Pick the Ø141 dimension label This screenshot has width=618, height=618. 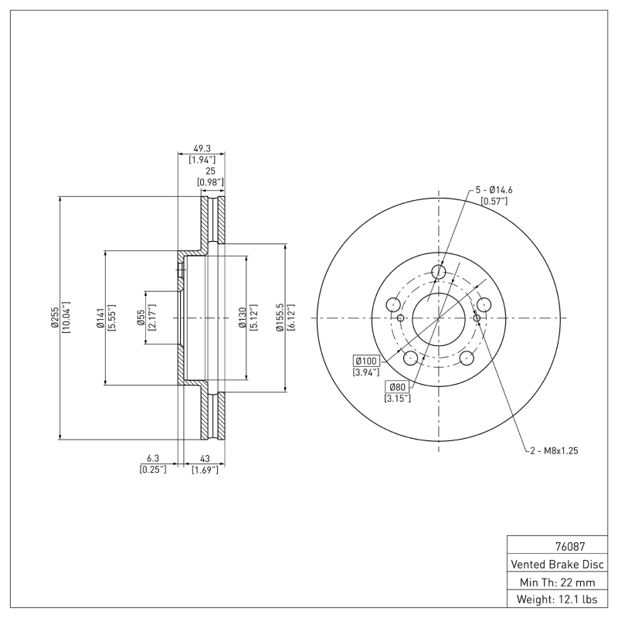pos(100,317)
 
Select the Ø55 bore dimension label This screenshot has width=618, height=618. pos(141,317)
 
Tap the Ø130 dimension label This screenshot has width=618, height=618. pos(242,317)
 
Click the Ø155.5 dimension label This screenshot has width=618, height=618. pos(281,317)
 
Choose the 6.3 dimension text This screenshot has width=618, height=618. pos(152,457)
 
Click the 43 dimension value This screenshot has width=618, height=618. pos(205,457)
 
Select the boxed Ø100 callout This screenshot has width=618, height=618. pos(366,361)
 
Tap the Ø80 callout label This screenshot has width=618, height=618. pos(397,386)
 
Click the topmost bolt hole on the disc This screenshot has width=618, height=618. pos(439,272)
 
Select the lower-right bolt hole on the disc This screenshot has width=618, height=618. pos(467,358)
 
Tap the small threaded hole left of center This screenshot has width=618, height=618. pos(400,317)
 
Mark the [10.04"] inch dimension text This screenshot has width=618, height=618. pos(66,317)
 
